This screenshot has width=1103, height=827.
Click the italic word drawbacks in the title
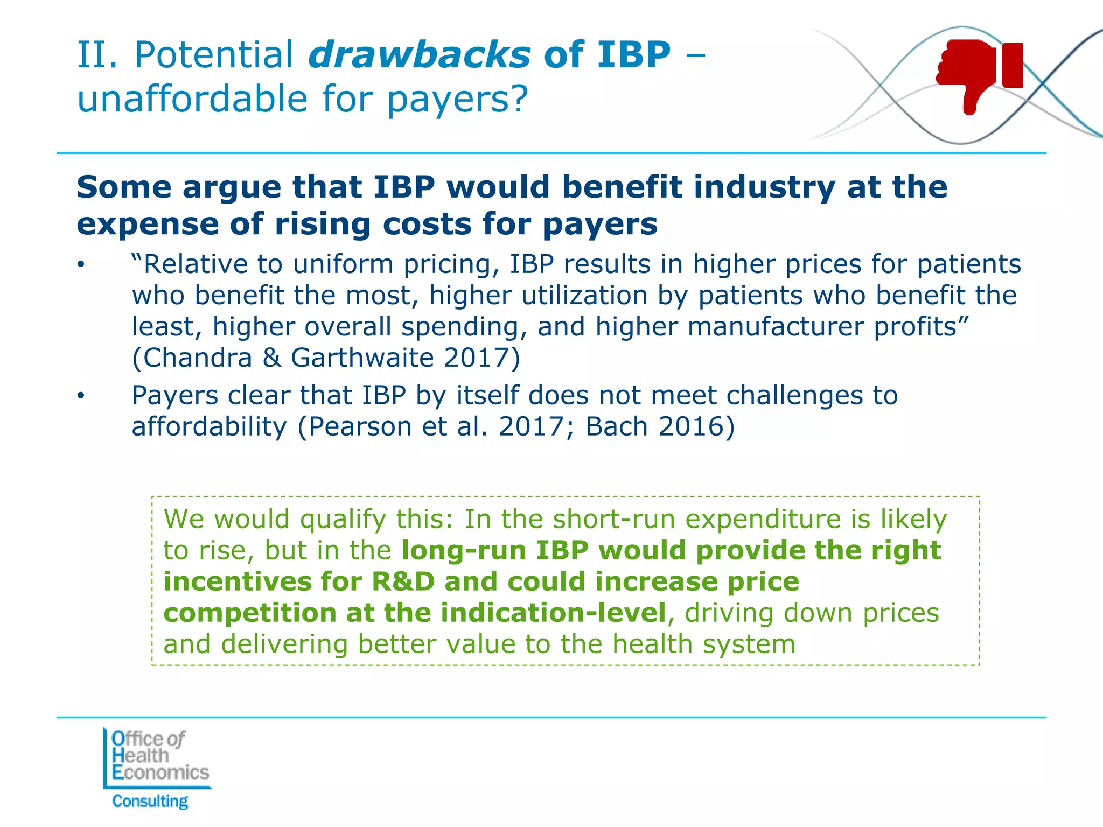[419, 55]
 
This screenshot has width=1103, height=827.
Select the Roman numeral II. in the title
[97, 55]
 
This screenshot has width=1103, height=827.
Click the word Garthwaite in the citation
[362, 358]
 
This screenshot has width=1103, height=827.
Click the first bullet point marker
[80, 264]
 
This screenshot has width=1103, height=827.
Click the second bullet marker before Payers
[80, 396]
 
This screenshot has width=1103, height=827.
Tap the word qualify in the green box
[343, 519]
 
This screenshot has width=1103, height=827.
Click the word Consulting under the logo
[150, 801]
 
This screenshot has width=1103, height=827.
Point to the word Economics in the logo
[160, 773]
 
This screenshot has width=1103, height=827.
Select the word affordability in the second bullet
[210, 426]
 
